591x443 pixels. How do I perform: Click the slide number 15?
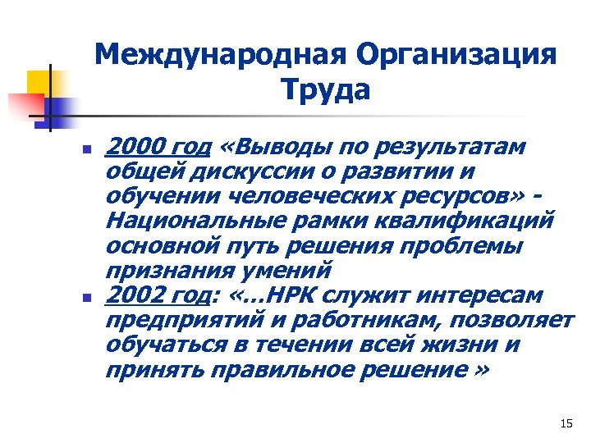pos(565,423)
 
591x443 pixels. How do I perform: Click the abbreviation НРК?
pos(306,294)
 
